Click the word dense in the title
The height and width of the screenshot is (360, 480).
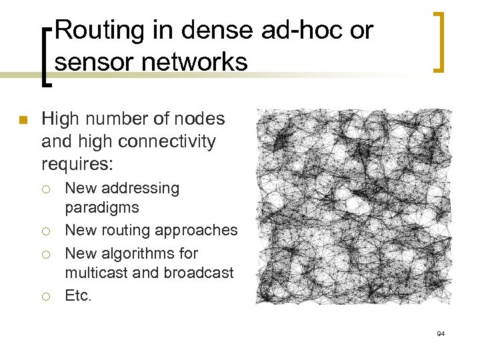pos(213,30)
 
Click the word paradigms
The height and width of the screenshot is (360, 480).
pos(101,207)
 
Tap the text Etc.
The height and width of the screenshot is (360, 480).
pos(78,295)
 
